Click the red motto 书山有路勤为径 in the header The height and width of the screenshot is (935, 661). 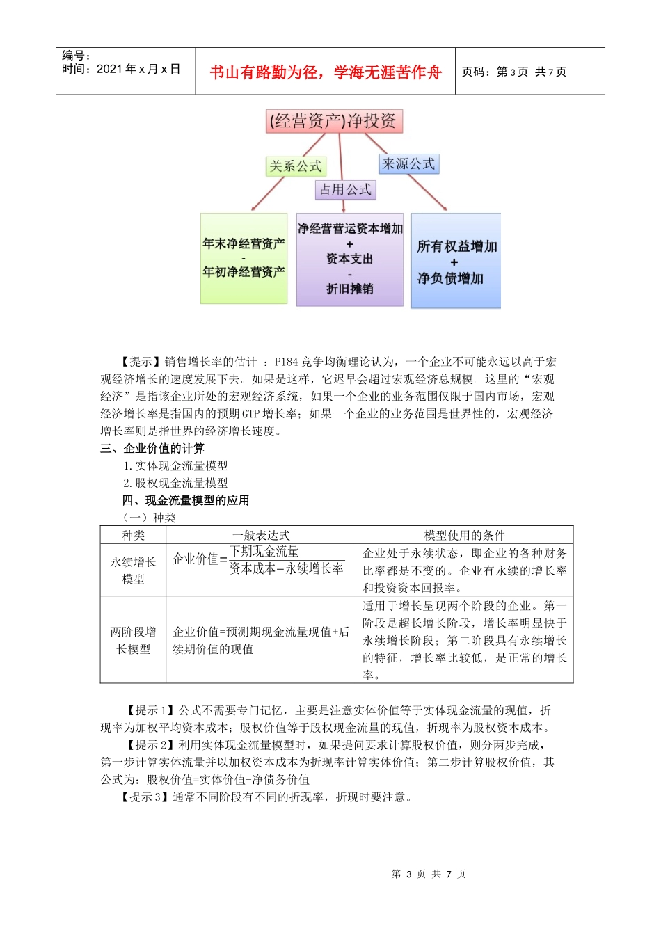coord(325,72)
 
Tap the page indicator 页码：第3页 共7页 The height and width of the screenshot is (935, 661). coord(514,72)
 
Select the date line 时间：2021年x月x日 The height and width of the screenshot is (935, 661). coord(121,69)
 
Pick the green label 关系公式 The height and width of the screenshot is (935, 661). coord(296,166)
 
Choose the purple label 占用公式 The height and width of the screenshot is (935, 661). coord(345,189)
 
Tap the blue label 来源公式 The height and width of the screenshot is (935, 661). coord(408,164)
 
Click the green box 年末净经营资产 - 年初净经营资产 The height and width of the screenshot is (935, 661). coord(244,258)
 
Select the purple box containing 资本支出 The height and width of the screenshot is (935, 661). coord(350,259)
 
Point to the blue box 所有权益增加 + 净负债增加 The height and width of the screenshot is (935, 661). coord(456,261)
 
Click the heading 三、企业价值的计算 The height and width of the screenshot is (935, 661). coord(152,448)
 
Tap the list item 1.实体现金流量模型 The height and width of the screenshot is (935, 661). coord(175,465)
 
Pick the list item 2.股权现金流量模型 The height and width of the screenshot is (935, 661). coord(175,483)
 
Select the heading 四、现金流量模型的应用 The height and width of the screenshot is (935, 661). coord(186,500)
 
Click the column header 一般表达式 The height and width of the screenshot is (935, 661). coord(261,535)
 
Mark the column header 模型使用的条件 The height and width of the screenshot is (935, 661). coord(465,535)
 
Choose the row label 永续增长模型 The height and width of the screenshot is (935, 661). coord(133,570)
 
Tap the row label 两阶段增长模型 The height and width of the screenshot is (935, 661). coord(133,640)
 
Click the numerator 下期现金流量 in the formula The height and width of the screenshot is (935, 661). coord(264,551)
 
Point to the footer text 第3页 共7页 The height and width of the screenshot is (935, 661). coord(429,874)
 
